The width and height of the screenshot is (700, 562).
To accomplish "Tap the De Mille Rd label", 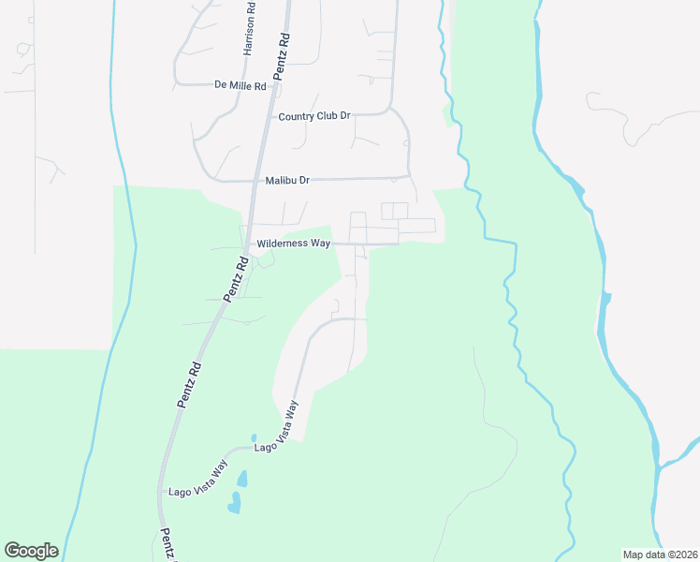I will click(241, 85).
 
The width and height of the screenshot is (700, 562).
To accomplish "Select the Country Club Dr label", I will click(314, 116).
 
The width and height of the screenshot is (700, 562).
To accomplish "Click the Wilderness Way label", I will click(294, 244).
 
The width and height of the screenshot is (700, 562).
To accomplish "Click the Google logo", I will click(31, 551).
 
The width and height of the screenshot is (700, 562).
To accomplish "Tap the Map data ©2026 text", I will click(660, 555).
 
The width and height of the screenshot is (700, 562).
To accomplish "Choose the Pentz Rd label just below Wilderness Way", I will click(236, 280).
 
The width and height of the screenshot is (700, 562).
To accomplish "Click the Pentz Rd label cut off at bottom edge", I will click(166, 545).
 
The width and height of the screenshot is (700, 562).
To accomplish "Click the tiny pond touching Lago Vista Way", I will click(254, 437).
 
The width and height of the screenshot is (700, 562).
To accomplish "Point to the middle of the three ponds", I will click(242, 479).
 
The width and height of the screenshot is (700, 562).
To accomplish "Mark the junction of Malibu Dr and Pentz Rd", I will click(255, 180).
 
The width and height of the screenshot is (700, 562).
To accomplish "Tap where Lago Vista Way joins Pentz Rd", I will click(158, 492).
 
